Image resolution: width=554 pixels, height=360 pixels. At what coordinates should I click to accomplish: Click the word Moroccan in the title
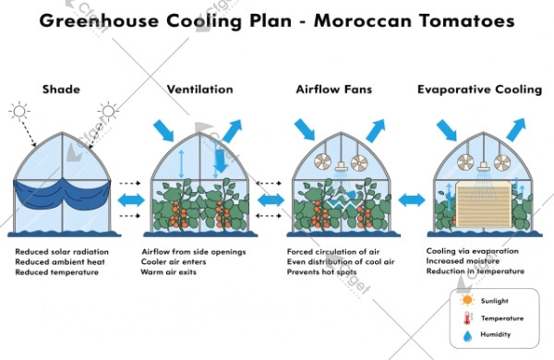click(x=369, y=20)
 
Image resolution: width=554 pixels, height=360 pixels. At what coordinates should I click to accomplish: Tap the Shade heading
click(x=62, y=89)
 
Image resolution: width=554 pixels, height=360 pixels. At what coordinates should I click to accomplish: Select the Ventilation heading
click(x=199, y=89)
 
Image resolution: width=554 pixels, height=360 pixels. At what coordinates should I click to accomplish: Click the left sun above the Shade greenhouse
click(x=19, y=112)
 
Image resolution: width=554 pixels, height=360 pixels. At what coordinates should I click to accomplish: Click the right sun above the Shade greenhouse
click(x=108, y=112)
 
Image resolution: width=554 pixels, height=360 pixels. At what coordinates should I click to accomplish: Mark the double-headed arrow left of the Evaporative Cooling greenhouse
click(x=411, y=200)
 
